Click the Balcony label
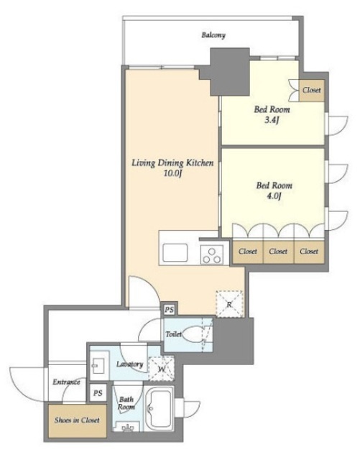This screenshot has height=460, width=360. (x=213, y=35)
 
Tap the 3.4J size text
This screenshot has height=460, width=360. (x=272, y=120)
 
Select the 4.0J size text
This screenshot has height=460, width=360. (x=274, y=195)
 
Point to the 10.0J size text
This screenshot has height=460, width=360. (x=172, y=174)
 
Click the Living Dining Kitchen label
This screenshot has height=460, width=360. (x=172, y=163)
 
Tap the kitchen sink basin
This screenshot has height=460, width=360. (x=175, y=252)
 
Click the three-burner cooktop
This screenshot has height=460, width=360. (x=211, y=254)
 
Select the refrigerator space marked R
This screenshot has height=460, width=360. (x=229, y=304)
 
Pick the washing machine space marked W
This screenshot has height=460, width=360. (x=162, y=369)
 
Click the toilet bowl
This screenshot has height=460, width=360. (x=193, y=334)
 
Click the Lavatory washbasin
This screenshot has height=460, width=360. (x=96, y=366)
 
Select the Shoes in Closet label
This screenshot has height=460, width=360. (x=77, y=420)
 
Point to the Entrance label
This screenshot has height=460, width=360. (x=66, y=382)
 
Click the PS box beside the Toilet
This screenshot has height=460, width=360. (x=169, y=310)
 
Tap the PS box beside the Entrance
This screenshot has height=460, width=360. (x=98, y=393)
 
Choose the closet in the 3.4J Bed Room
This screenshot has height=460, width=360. (x=312, y=91)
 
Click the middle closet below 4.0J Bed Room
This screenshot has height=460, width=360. (x=278, y=252)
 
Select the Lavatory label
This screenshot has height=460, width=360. (x=129, y=364)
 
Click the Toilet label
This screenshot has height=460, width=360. (x=173, y=334)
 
